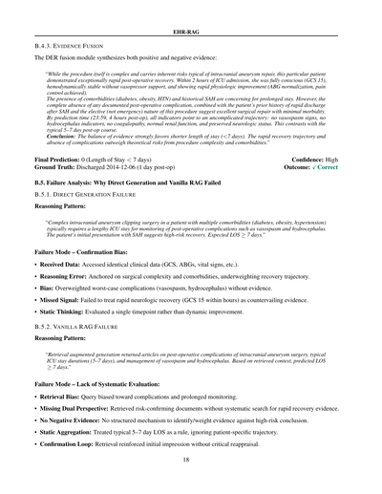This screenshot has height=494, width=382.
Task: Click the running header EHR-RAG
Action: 191,16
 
